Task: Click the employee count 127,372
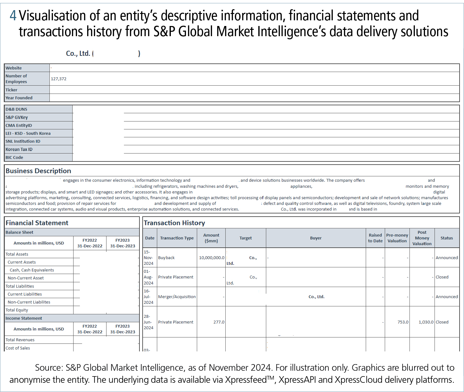(x=59, y=79)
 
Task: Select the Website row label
(x=14, y=68)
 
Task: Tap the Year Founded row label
(x=19, y=98)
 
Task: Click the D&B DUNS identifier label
(x=16, y=109)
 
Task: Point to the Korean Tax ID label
(x=19, y=149)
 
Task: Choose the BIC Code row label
(x=14, y=158)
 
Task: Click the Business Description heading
(x=38, y=171)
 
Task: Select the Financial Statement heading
(x=37, y=223)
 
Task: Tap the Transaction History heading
(x=174, y=223)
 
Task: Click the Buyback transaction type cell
(x=166, y=258)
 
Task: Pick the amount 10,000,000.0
(x=211, y=258)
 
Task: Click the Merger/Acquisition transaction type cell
(x=177, y=297)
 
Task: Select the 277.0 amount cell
(x=219, y=322)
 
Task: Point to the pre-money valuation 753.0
(x=403, y=322)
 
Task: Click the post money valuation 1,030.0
(x=426, y=322)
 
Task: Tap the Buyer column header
(x=316, y=238)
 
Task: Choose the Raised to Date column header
(x=375, y=238)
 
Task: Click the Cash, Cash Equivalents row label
(x=32, y=270)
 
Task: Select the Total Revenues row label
(x=20, y=340)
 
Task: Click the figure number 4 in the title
(x=13, y=16)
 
